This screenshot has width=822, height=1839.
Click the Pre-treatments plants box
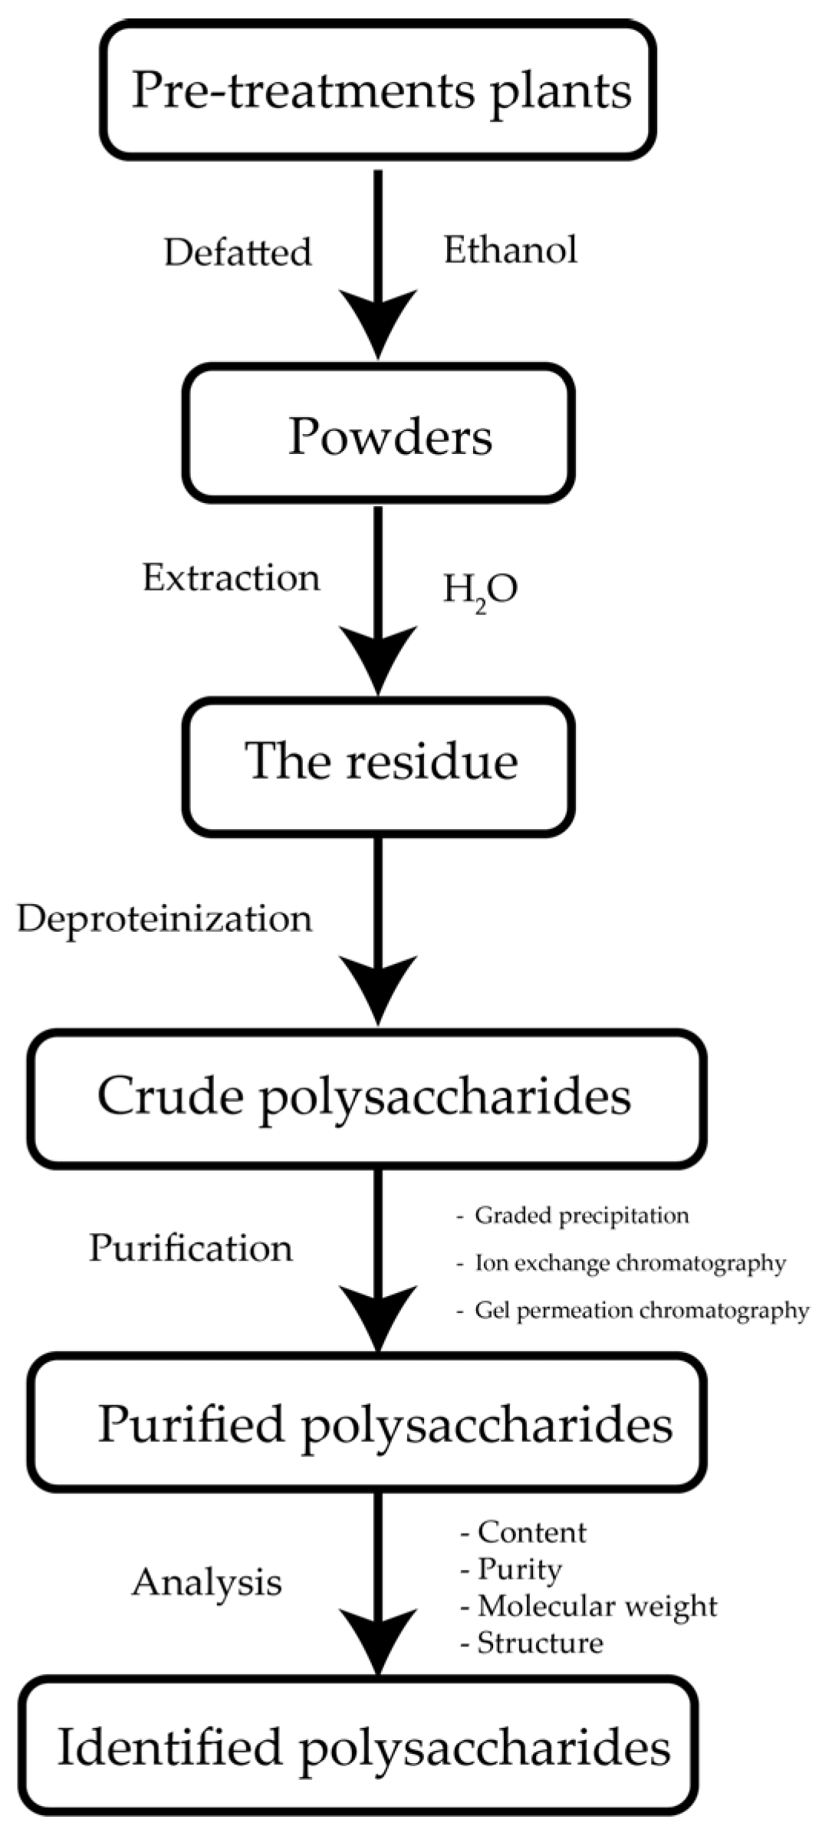tap(378, 90)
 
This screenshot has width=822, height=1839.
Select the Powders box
tap(378, 434)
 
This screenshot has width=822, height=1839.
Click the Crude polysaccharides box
tap(367, 1098)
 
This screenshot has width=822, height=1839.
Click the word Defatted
tap(238, 252)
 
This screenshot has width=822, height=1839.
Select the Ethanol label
tap(510, 250)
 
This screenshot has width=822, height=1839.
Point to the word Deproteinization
tap(165, 919)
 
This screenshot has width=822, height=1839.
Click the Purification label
tap(191, 1248)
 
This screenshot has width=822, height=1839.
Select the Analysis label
tap(207, 1581)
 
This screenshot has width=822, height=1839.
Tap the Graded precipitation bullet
tap(580, 1215)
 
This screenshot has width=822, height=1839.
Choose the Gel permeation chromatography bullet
tap(641, 1310)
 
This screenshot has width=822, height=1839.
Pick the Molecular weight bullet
tap(597, 1606)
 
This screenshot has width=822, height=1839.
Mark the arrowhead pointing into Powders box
tap(378, 326)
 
